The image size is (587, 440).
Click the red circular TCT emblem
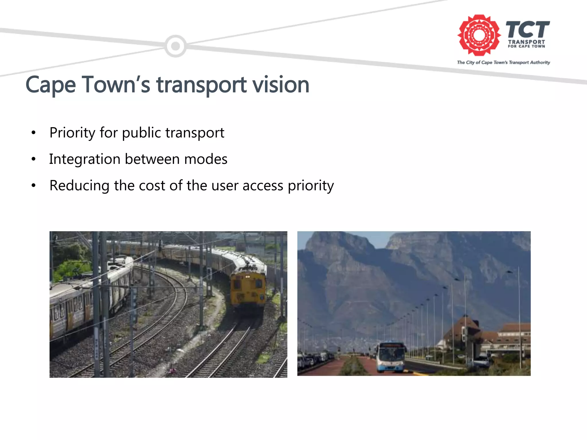(x=479, y=35)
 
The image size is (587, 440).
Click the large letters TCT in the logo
(x=527, y=30)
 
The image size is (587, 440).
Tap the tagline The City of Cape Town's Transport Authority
(x=503, y=62)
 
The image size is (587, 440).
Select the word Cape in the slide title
(x=51, y=85)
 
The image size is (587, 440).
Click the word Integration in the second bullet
(x=85, y=160)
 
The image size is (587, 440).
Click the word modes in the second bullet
(x=206, y=159)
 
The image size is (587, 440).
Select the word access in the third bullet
(x=263, y=186)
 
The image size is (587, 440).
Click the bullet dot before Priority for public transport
(x=34, y=133)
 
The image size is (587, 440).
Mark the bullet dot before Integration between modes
(x=34, y=159)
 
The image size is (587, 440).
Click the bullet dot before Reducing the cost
(x=34, y=186)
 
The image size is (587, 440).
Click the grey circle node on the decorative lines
(x=175, y=46)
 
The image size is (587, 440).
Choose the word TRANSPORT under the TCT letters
(x=527, y=42)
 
